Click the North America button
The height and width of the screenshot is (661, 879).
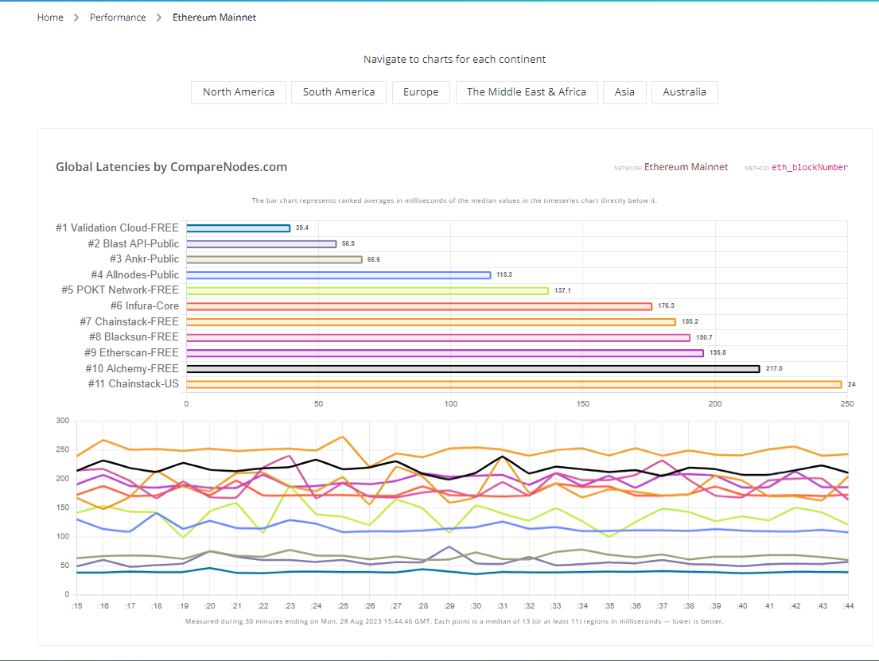click(x=239, y=92)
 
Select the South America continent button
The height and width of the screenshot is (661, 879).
click(x=339, y=92)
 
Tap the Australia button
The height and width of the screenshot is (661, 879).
click(x=684, y=92)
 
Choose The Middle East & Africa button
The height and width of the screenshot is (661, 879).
click(x=527, y=92)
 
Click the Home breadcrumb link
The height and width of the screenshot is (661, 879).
click(x=50, y=17)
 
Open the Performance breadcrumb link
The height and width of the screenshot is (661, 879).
click(x=118, y=17)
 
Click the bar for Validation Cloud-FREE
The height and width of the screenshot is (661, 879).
click(x=239, y=228)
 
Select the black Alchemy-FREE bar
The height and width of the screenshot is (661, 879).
click(x=473, y=368)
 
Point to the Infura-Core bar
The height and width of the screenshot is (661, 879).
click(x=419, y=306)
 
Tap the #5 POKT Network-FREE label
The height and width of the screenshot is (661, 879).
click(x=120, y=290)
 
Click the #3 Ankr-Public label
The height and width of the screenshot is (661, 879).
click(x=144, y=259)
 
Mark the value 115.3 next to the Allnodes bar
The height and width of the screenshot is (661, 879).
click(x=504, y=275)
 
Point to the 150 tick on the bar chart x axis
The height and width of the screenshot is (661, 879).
click(x=582, y=404)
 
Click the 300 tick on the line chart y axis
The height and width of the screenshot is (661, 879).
click(x=63, y=421)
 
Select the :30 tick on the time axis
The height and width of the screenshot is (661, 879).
click(x=476, y=606)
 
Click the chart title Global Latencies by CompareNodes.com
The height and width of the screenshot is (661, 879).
click(x=171, y=167)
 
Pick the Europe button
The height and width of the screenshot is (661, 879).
click(x=421, y=92)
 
